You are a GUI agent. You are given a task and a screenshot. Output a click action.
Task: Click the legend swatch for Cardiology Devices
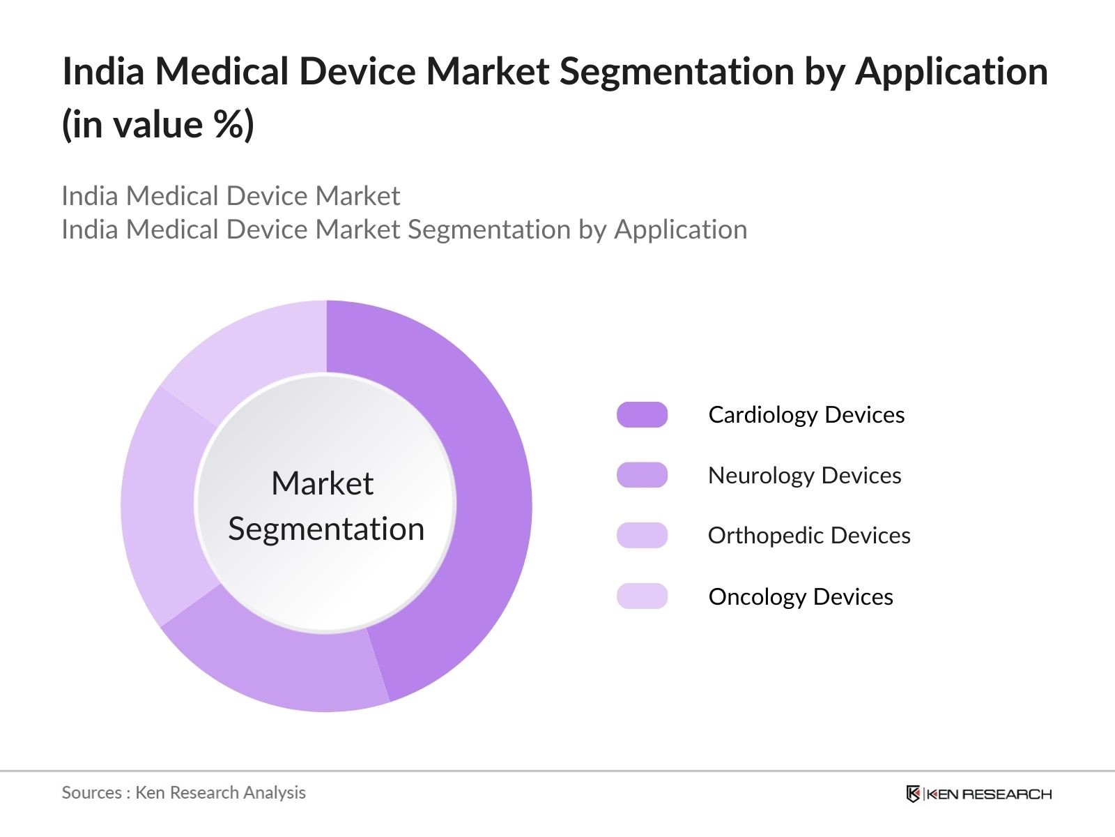(642, 415)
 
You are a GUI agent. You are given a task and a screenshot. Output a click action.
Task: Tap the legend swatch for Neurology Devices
(642, 475)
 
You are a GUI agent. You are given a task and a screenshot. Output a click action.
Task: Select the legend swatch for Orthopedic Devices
(642, 536)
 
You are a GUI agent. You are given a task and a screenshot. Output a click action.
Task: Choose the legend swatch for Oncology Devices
(642, 596)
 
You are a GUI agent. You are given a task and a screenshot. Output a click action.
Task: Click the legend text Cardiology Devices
(806, 415)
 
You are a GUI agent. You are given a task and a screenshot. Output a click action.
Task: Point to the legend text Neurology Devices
(804, 476)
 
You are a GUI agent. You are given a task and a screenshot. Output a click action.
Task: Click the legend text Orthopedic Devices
(808, 536)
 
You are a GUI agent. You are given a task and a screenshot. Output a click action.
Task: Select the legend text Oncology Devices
(800, 597)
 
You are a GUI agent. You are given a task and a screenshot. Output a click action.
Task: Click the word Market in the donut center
(322, 483)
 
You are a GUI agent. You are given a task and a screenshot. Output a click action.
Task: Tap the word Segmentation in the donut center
(326, 529)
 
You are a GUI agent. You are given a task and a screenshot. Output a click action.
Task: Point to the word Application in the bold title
(951, 72)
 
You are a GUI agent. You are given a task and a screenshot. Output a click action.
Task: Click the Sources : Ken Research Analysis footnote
(183, 792)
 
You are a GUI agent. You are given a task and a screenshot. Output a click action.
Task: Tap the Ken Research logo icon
(913, 794)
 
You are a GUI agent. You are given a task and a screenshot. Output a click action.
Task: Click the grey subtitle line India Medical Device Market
(231, 196)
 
